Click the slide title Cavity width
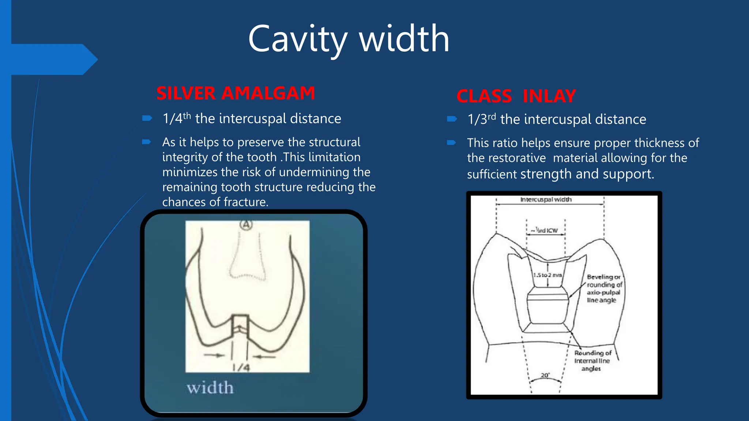point(349,39)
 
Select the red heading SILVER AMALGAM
point(236,93)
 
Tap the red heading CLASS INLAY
point(516,96)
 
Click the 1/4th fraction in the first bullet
point(177,118)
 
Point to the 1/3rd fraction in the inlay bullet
point(482,119)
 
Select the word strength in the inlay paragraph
point(546,174)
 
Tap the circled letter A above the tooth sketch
point(246,225)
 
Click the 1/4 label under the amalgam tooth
point(241,367)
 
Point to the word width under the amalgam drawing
point(210,388)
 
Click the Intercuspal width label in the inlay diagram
point(546,200)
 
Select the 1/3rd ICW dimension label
point(545,230)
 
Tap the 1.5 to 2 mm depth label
point(547,275)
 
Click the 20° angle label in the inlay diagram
point(545,375)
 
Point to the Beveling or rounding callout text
point(603,288)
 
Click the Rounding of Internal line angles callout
point(592,361)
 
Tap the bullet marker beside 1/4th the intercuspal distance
point(147,118)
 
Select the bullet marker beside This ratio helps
point(451,143)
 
